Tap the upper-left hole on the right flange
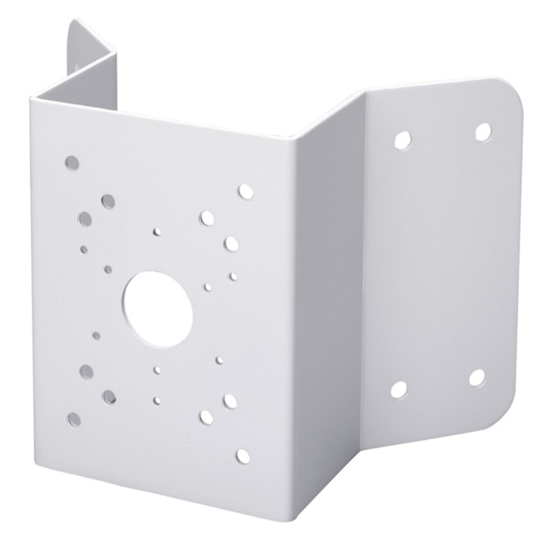pos(401,141)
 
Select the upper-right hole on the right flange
pos(482,131)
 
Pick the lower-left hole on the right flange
pos(399,390)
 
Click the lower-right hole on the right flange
pos(476,378)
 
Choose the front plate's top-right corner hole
pos(245,192)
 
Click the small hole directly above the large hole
pos(158,233)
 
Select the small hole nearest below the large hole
pos(158,369)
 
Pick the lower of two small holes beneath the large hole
pos(158,400)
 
